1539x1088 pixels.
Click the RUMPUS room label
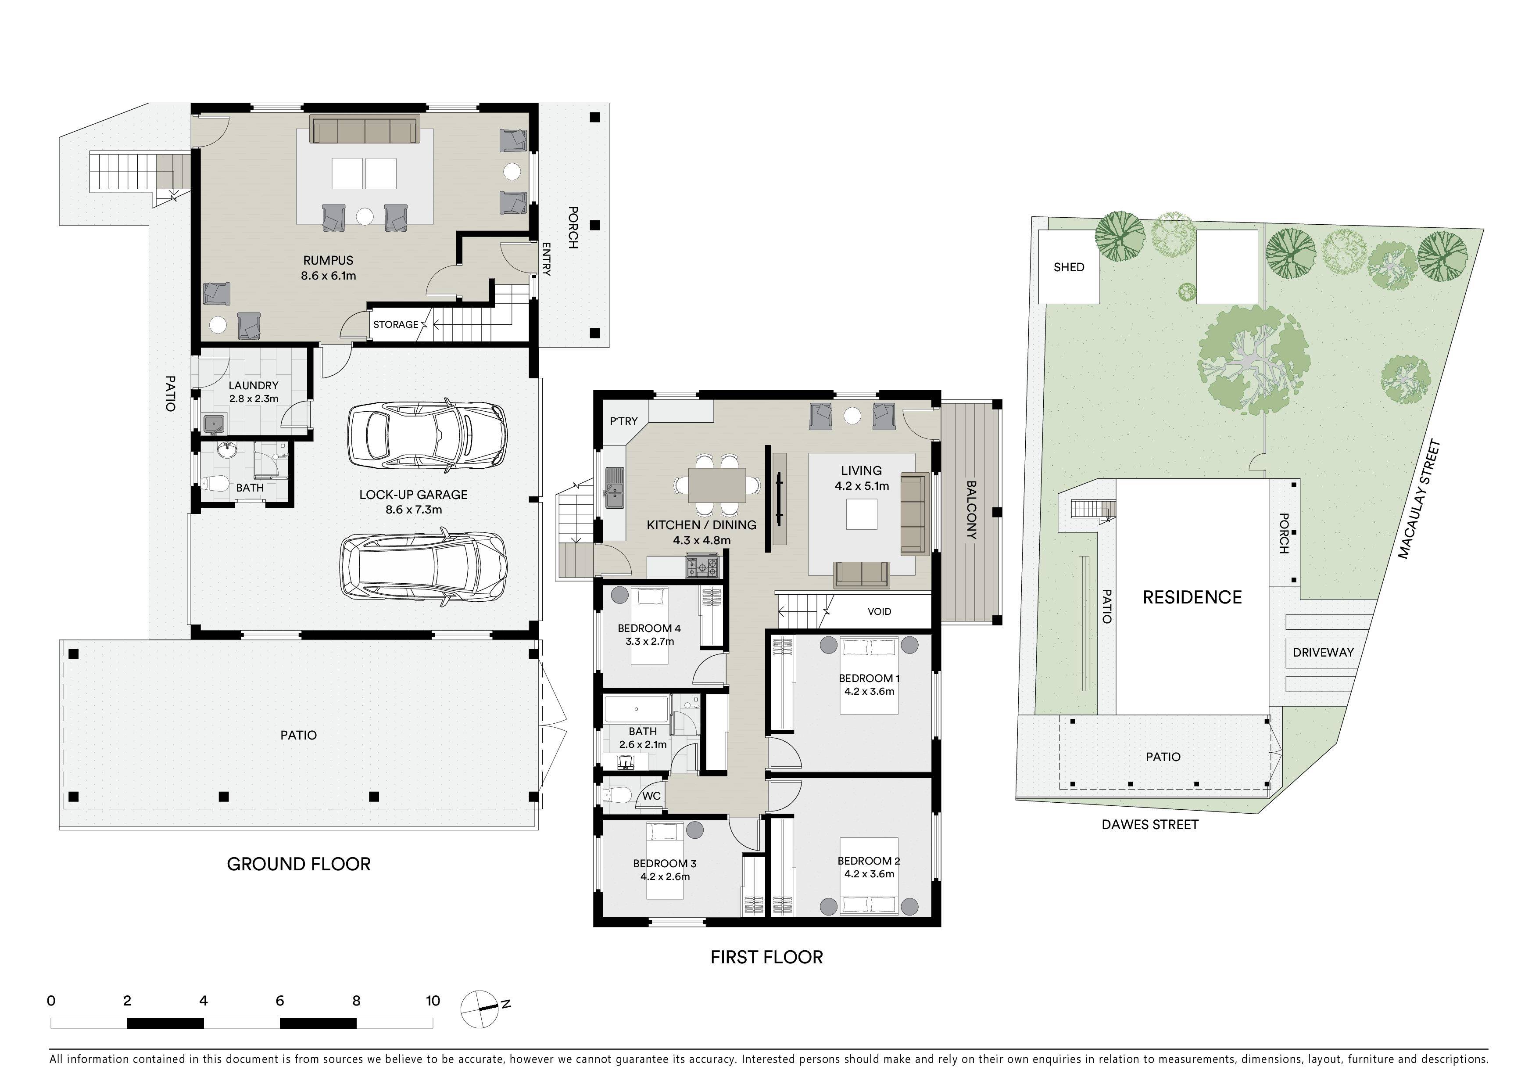pyautogui.click(x=328, y=260)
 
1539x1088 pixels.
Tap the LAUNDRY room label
pyautogui.click(x=254, y=385)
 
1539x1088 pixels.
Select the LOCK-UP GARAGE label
pyautogui.click(x=414, y=495)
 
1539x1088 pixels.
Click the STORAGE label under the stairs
pyautogui.click(x=395, y=324)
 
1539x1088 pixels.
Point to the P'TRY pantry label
pyautogui.click(x=623, y=421)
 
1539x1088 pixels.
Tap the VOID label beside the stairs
pyautogui.click(x=880, y=611)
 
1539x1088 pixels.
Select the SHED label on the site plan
pyautogui.click(x=1068, y=267)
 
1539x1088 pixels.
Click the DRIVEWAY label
pyautogui.click(x=1323, y=652)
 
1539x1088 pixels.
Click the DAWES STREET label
pyautogui.click(x=1149, y=825)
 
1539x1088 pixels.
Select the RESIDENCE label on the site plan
pyautogui.click(x=1192, y=597)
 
